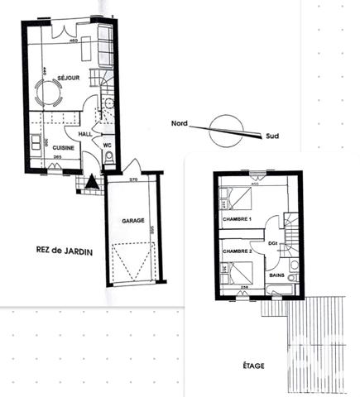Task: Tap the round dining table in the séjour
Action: [x=46, y=93]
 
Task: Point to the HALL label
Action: [x=85, y=133]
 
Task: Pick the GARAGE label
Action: [x=135, y=222]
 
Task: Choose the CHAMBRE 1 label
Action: [x=238, y=218]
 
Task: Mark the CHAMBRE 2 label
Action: [x=237, y=250]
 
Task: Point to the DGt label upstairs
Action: [x=272, y=242]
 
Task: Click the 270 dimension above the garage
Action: [x=134, y=179]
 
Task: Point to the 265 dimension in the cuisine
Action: [x=58, y=155]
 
